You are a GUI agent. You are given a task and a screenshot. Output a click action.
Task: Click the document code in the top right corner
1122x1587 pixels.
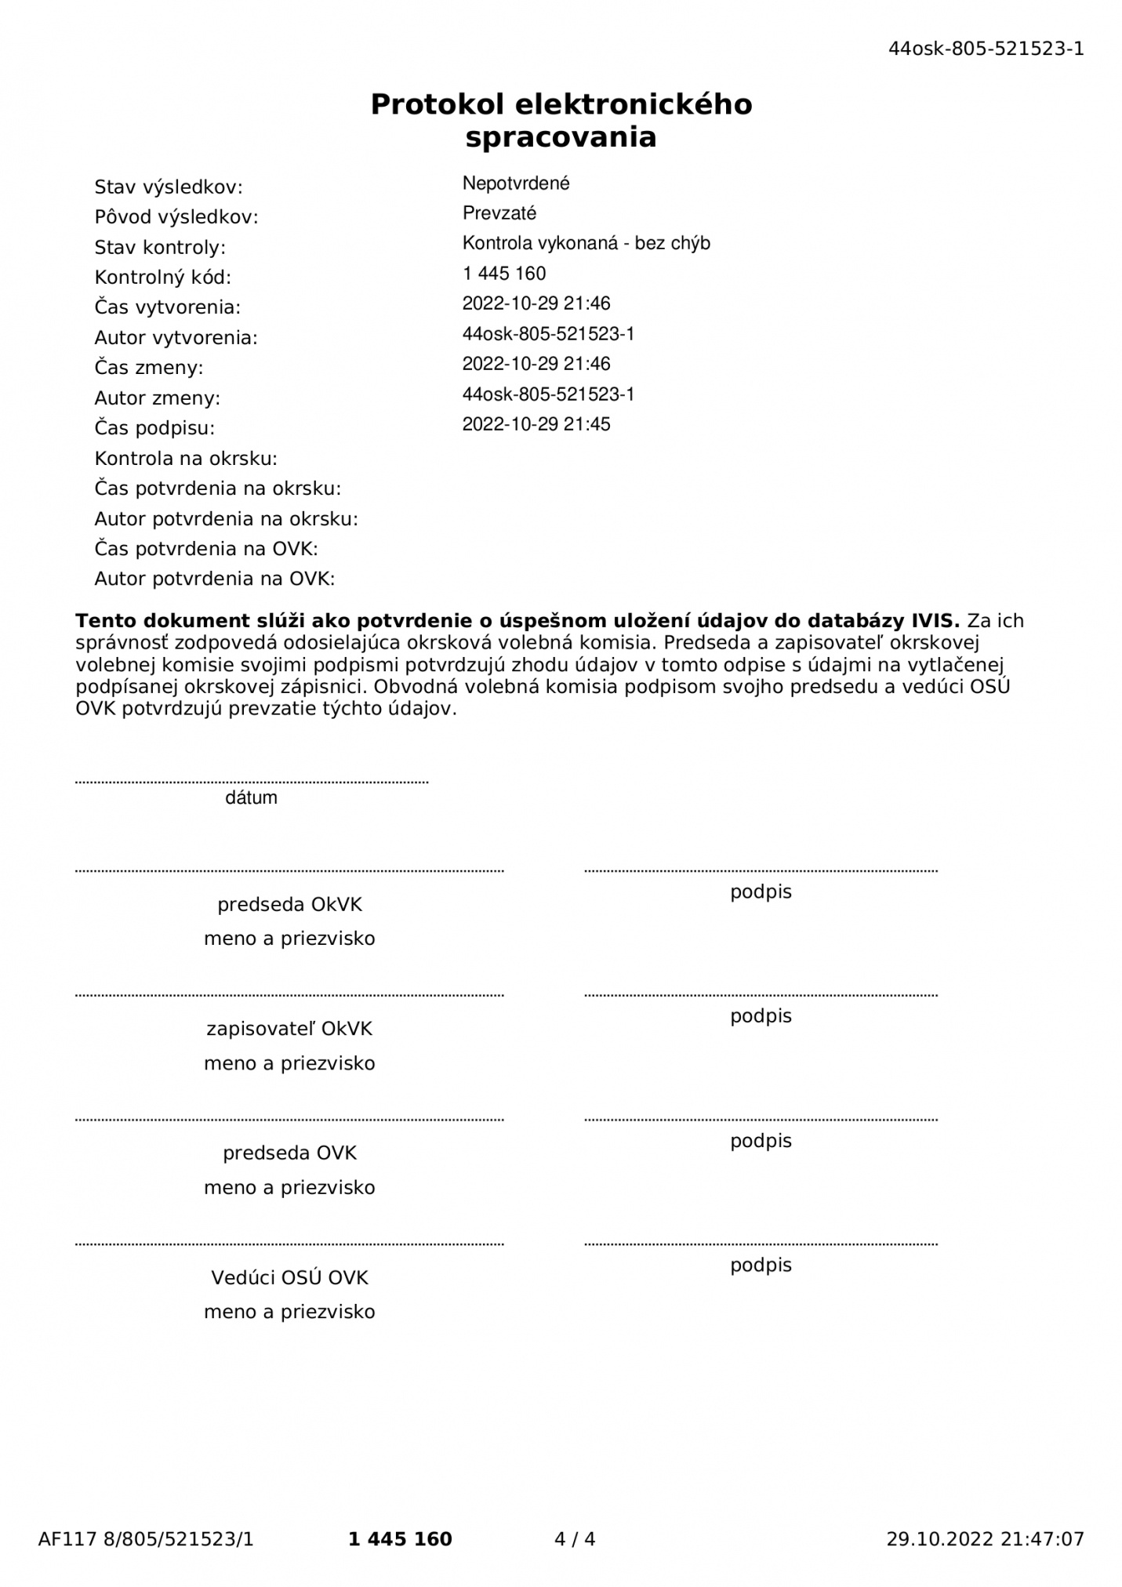coord(986,49)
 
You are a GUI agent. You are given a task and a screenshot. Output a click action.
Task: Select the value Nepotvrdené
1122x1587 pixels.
coord(516,183)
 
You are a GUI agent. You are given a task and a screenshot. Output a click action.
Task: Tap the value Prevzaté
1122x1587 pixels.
coord(499,213)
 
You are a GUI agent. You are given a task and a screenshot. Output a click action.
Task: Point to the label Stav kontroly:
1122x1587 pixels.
coord(160,248)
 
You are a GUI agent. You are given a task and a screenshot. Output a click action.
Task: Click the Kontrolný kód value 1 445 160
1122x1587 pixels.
coord(504,274)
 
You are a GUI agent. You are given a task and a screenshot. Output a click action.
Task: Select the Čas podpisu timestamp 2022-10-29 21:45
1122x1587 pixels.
coord(536,424)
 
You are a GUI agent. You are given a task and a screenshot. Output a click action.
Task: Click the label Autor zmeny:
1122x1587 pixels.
coord(158,398)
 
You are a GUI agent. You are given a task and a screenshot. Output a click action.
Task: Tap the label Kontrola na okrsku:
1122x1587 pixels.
coord(186,459)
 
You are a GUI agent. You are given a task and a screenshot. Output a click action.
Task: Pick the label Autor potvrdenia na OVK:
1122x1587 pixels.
coord(215,579)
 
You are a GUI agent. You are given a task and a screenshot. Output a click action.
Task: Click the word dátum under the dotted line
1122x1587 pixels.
coord(251,798)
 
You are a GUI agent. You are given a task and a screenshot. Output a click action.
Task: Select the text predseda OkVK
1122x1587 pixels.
coord(289,905)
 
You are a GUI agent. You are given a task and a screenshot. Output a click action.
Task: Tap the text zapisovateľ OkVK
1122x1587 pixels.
coord(289,1029)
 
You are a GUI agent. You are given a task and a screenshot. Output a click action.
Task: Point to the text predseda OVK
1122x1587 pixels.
coord(289,1153)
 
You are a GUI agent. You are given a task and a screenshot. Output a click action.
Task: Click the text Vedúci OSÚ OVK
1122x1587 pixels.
coord(289,1278)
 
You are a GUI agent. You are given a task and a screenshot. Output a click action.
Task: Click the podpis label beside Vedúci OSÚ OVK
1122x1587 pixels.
coord(761,1266)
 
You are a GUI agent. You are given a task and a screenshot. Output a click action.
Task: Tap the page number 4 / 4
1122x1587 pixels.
coord(575,1539)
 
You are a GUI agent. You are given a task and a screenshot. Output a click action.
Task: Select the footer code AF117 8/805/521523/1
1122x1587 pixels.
coord(146,1539)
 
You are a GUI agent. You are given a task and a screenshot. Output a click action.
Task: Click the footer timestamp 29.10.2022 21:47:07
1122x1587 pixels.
coord(985,1539)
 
